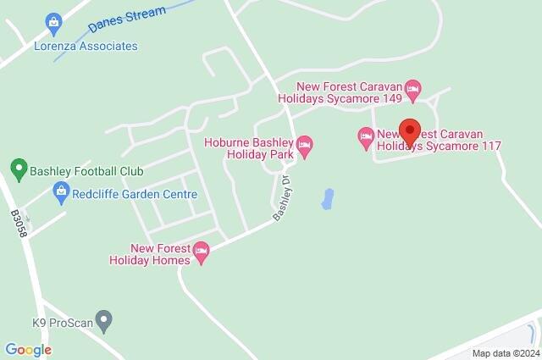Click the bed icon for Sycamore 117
366,136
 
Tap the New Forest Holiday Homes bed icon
202,252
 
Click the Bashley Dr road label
282,201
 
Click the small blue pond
326,200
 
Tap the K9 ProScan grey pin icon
103,321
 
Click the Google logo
28,350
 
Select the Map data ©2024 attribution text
506,353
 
